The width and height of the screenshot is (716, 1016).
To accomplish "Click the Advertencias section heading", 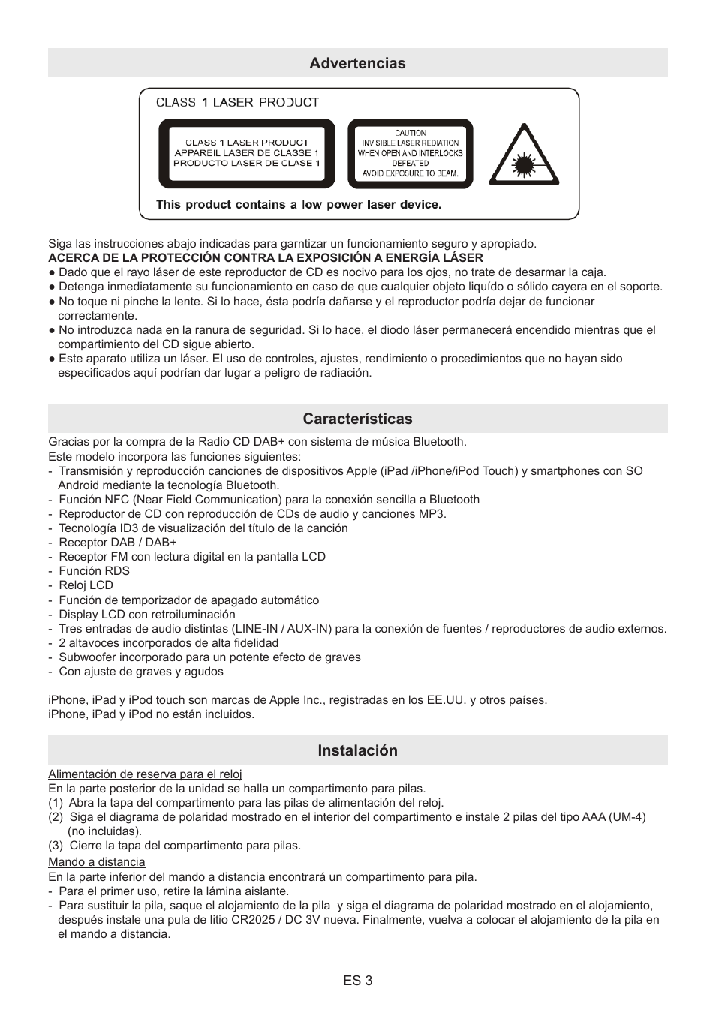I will coord(357,63).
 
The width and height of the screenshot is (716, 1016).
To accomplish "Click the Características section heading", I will coord(357,419).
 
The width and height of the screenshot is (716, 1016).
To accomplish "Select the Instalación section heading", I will coord(357,750).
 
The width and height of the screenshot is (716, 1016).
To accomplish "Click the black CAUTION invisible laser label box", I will coord(410,153).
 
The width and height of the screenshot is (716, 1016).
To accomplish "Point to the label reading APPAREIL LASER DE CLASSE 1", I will coord(247,153).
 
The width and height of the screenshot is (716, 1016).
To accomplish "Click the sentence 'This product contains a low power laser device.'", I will coord(299,204).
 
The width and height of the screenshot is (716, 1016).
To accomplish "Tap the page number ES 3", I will coord(357,981).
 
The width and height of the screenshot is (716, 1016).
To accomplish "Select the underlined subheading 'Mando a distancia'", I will coord(97,862).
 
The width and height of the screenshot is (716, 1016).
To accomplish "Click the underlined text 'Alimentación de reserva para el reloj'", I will coord(145,774).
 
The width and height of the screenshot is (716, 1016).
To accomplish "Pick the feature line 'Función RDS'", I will coord(94,571).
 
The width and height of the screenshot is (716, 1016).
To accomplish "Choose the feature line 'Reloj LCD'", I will coord(86,585).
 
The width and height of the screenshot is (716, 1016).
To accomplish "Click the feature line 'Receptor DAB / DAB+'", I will coord(117,543).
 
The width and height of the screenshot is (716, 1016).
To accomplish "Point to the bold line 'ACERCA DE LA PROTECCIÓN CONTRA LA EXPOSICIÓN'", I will coord(266,257).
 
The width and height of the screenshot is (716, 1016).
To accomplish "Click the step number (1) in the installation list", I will coord(56,803).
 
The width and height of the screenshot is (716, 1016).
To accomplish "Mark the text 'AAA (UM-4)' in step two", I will coord(613,817).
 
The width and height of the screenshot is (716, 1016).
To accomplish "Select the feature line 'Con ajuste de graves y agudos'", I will coord(140,672).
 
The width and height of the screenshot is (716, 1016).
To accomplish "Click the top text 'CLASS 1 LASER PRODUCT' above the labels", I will coord(237,102).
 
